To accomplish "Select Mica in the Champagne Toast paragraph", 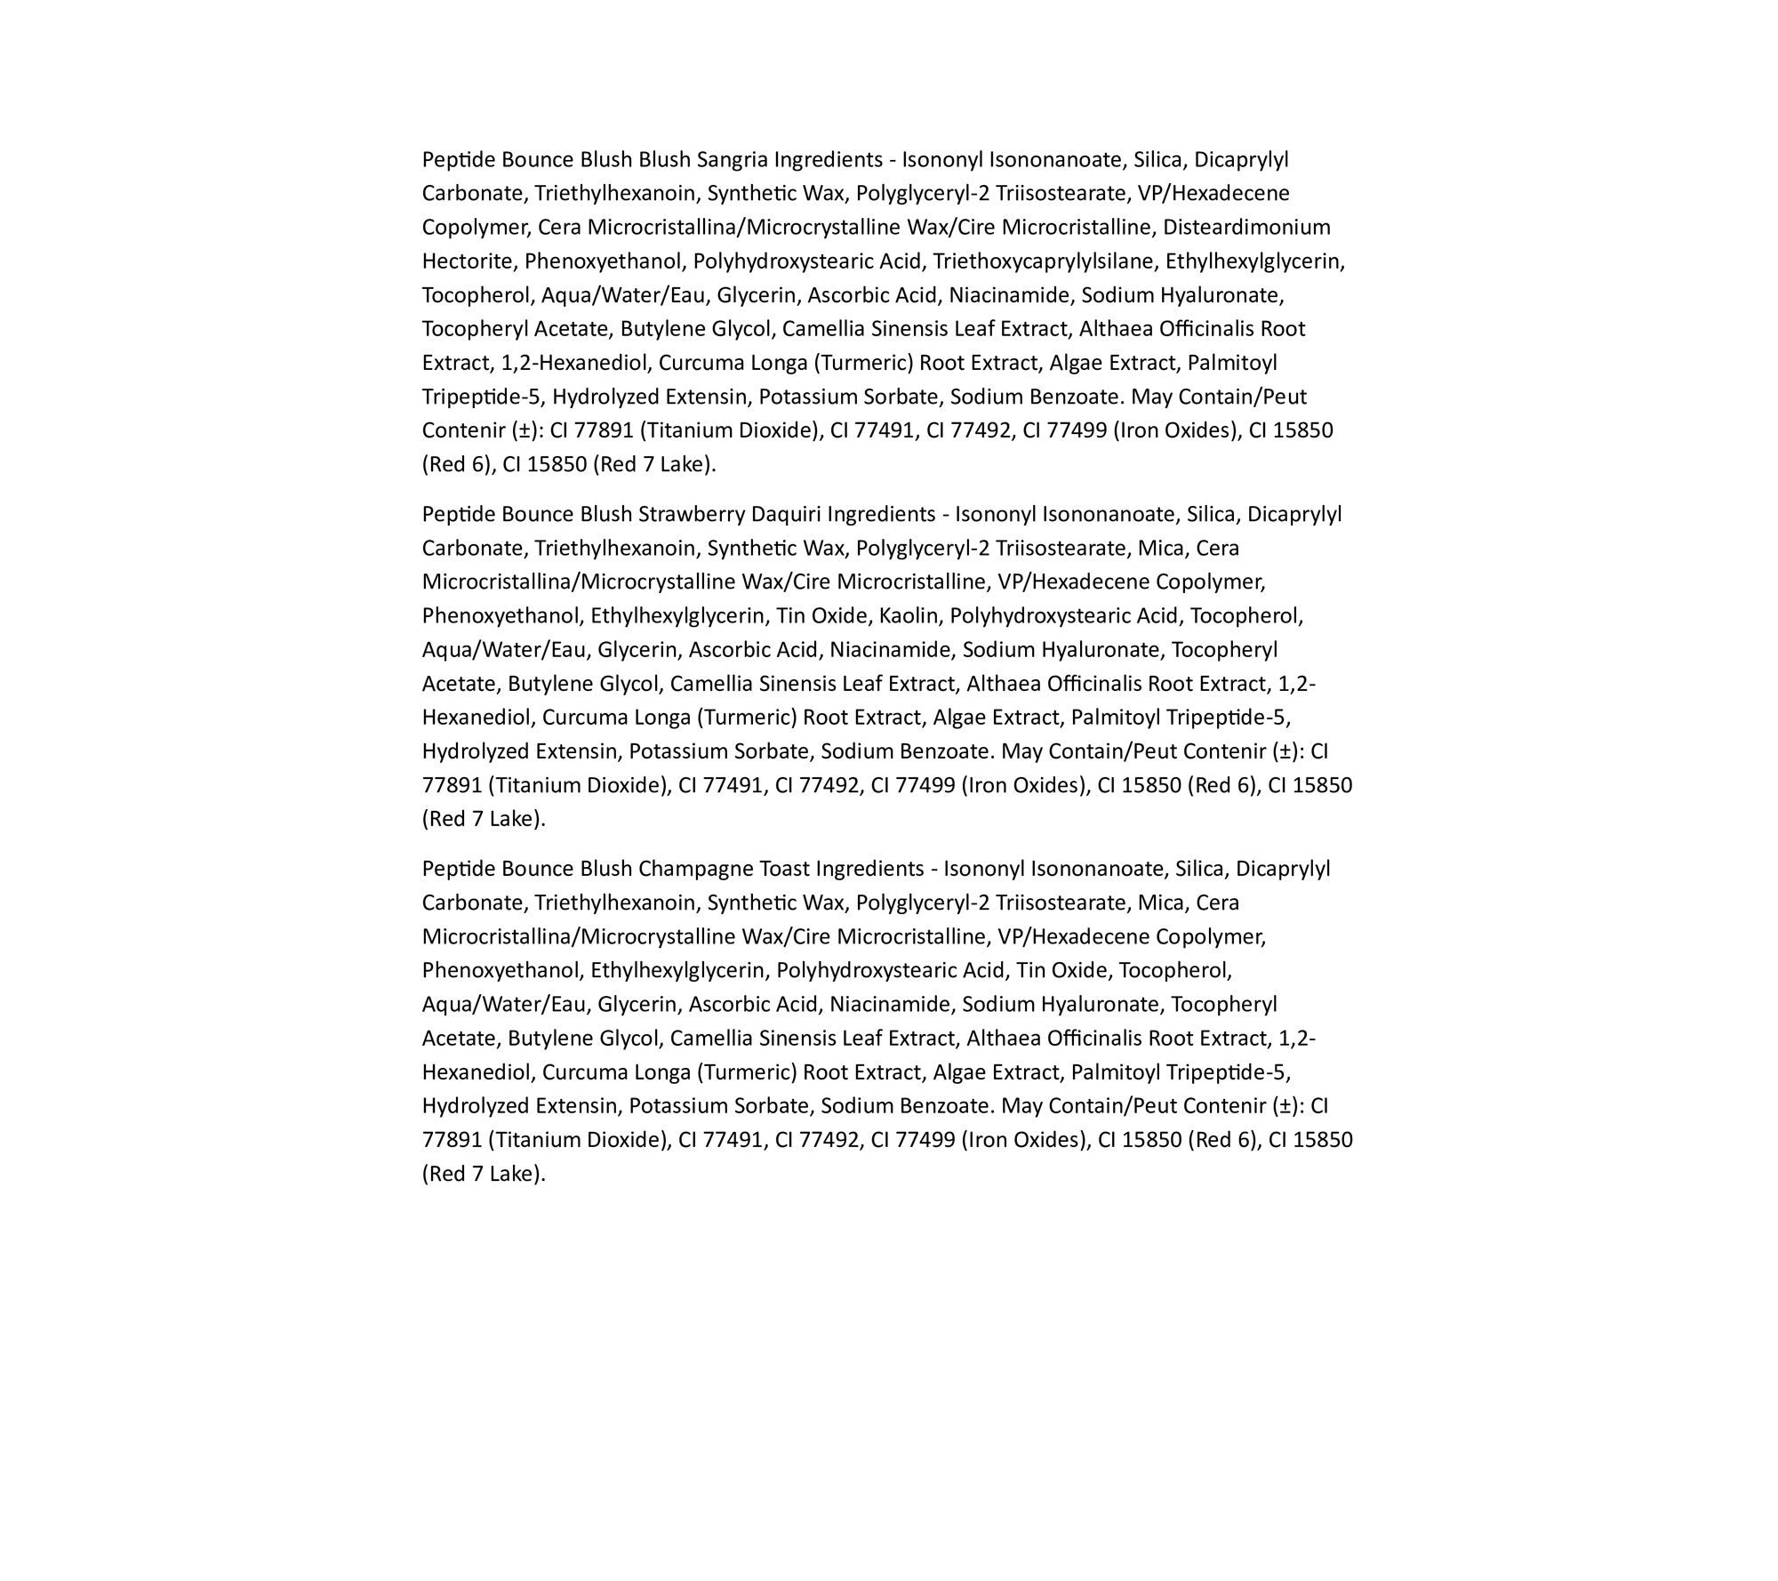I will click(1160, 903).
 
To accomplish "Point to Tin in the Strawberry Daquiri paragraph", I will click(790, 616).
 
